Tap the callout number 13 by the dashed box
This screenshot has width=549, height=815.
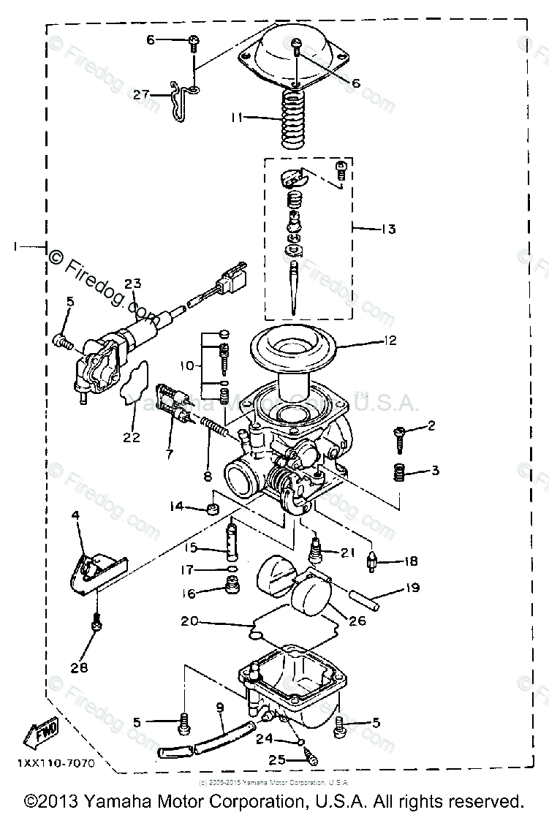click(387, 230)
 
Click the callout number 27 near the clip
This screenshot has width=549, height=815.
click(140, 94)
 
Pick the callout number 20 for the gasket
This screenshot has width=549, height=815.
click(190, 623)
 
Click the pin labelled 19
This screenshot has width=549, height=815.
click(366, 596)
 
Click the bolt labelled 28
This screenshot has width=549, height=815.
click(97, 625)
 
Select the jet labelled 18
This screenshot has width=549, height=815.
click(372, 563)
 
